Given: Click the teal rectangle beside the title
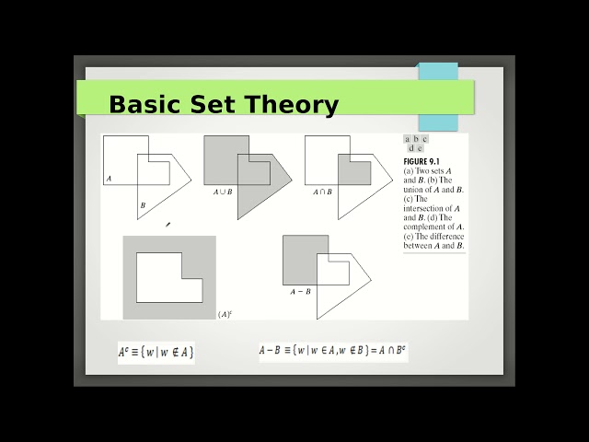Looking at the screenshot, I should tap(438, 97).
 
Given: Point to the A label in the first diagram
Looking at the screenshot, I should tap(109, 179).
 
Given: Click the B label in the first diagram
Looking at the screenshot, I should tap(143, 204).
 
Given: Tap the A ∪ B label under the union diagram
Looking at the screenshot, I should tap(223, 192).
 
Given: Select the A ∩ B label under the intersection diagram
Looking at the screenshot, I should tap(322, 192).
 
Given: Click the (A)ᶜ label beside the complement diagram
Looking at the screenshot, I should tap(225, 314).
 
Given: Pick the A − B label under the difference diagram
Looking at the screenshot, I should tap(300, 291).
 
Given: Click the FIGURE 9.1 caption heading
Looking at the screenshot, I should tap(423, 162).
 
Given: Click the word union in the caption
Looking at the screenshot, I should tap(415, 190).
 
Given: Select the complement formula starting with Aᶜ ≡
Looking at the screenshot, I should tap(156, 353).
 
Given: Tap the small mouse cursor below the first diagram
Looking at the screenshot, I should tap(167, 224).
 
